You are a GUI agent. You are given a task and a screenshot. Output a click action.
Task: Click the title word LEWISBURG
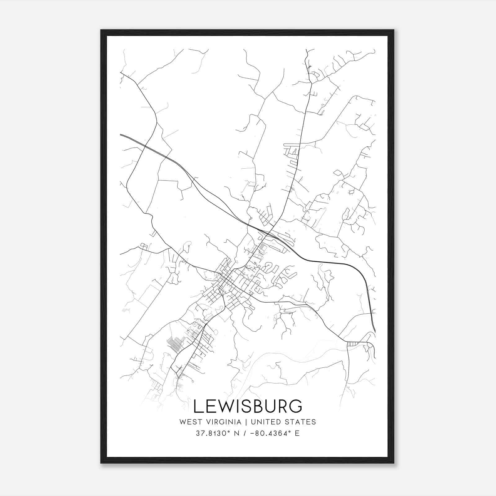247,406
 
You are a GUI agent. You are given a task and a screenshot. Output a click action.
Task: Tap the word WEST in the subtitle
189,422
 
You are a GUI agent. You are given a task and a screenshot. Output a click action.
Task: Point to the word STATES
302,422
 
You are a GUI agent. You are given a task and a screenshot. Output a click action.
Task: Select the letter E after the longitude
297,433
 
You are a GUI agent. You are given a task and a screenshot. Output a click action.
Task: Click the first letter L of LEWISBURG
198,406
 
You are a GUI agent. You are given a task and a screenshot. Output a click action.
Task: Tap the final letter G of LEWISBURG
296,406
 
